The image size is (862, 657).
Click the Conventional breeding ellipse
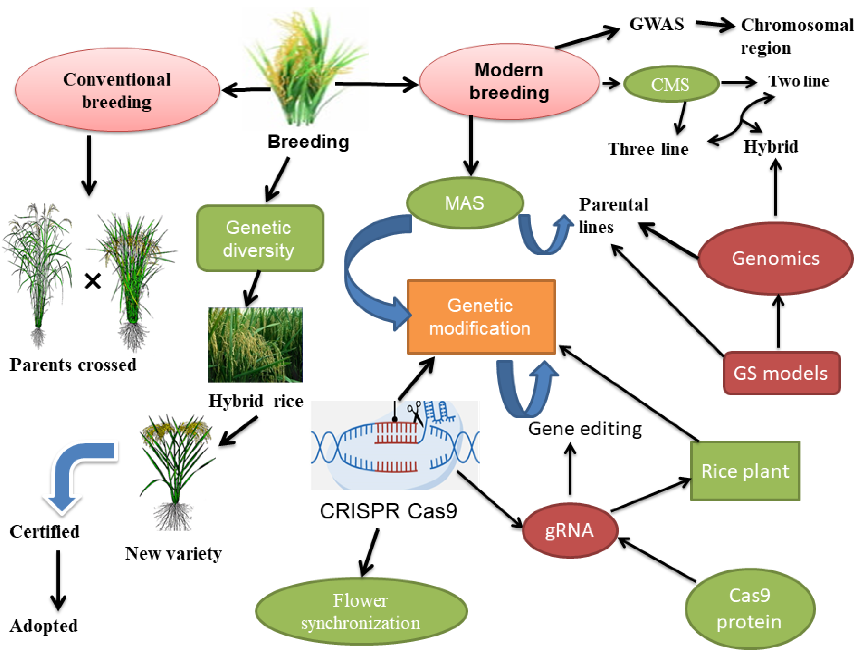coord(117,90)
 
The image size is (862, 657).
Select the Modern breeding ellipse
coord(509,81)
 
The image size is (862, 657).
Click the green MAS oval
coord(465,203)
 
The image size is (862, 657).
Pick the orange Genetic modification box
coord(481,317)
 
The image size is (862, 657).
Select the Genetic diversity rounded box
coord(260,238)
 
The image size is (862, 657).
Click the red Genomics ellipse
coord(775,258)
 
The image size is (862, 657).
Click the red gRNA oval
coord(570,530)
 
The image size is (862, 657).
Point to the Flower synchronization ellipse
coord(361,611)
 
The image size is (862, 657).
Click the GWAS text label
coord(657,24)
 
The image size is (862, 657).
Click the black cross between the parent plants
coord(93,281)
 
